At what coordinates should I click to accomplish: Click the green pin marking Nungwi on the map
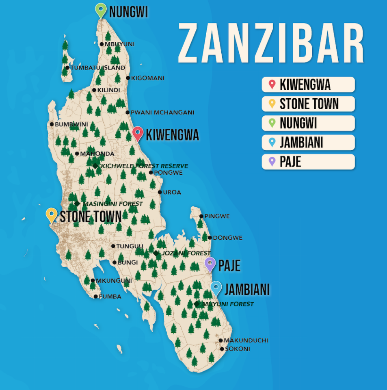pos(101,10)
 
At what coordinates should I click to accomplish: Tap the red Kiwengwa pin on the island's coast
pos(138,133)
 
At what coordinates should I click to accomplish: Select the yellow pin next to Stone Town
pos(52,214)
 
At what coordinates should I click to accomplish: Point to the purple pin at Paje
pos(210,264)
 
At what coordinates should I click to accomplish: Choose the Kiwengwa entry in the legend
pos(308,85)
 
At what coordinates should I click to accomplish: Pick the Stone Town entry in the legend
pos(308,104)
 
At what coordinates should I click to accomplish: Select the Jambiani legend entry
pos(308,143)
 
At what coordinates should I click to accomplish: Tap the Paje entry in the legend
pos(308,162)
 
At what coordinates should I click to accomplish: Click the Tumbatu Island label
pos(97,68)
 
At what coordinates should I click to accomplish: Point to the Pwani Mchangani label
pos(162,113)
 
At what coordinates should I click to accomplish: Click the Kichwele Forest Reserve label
pos(144,166)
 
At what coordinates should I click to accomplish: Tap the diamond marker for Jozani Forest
pos(156,253)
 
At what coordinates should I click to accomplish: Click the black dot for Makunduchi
pos(221,340)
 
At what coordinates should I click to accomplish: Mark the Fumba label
pos(110,297)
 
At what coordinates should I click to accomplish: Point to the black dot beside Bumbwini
pos(52,124)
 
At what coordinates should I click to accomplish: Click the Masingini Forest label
pos(112,204)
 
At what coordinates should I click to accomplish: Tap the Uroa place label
pos(172,192)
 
